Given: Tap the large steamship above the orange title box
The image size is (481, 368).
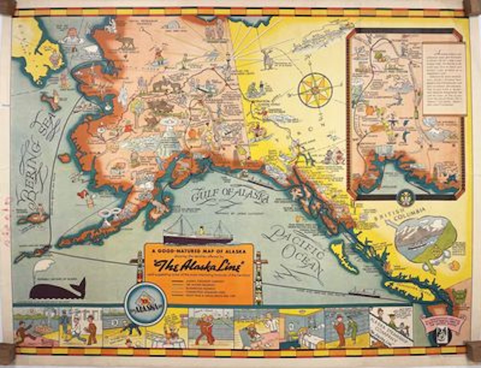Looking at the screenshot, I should coord(198,233).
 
